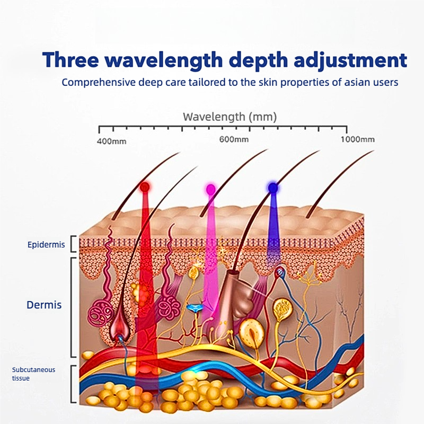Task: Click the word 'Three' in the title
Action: tap(71, 59)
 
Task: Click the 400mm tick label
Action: tap(111, 141)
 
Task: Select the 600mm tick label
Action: tap(234, 139)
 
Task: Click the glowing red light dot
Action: tap(144, 187)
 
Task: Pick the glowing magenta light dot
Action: tap(210, 188)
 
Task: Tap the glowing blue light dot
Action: tap(272, 187)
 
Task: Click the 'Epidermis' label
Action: tap(46, 245)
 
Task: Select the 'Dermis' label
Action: tap(44, 305)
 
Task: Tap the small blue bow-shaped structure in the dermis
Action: tap(196, 307)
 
